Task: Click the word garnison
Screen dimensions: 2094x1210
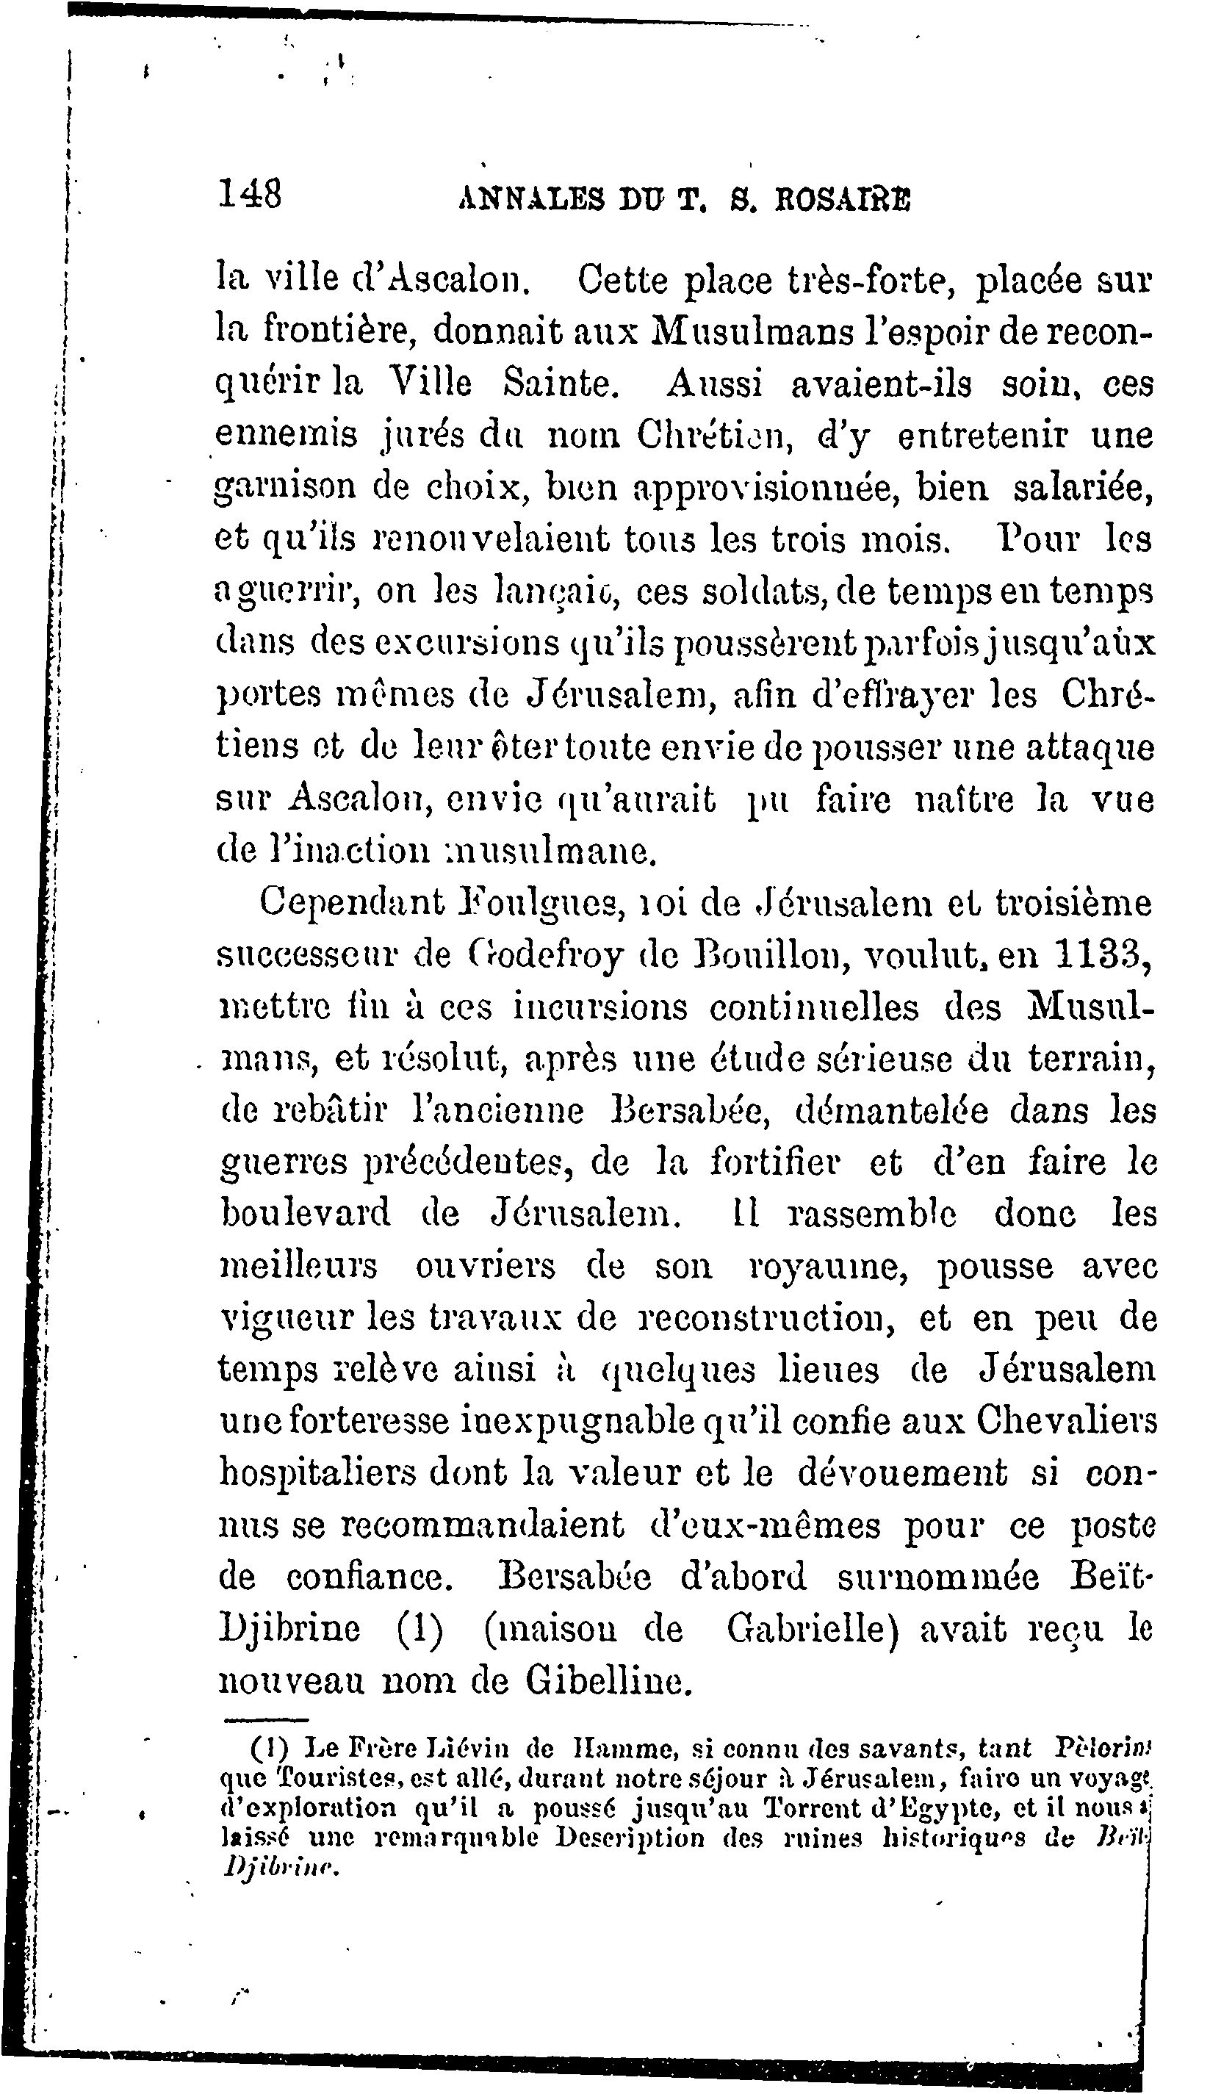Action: pos(285,489)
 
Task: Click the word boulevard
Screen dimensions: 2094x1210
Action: pos(305,1214)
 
